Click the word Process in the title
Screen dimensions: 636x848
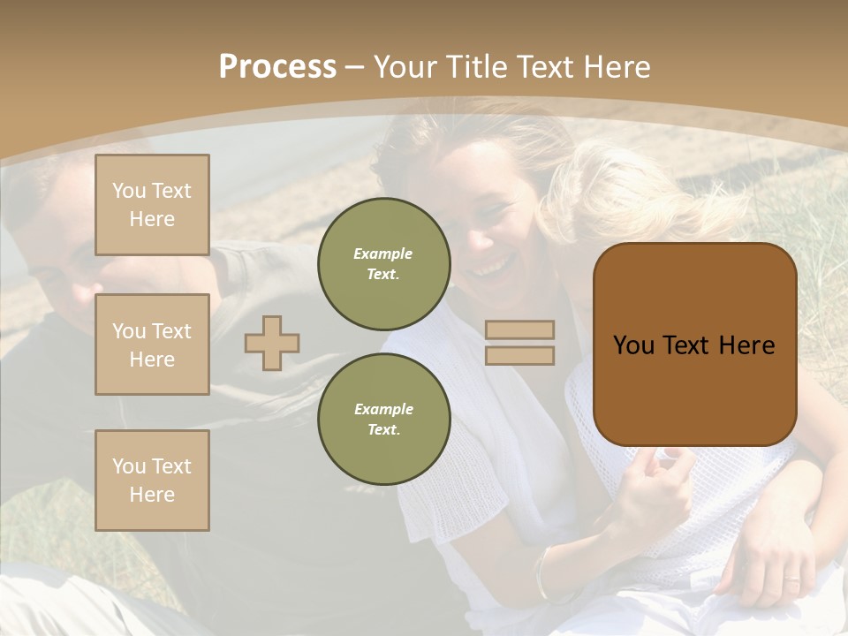pyautogui.click(x=277, y=67)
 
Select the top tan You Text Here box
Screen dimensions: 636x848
pyautogui.click(x=152, y=205)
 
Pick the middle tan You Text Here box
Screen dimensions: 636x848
pyautogui.click(x=152, y=344)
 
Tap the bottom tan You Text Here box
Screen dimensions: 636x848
pyautogui.click(x=152, y=481)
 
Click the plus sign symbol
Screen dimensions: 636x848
pyautogui.click(x=272, y=343)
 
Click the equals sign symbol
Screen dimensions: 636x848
pyautogui.click(x=519, y=343)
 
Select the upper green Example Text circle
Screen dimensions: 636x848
pyautogui.click(x=383, y=263)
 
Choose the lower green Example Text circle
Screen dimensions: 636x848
pyautogui.click(x=383, y=419)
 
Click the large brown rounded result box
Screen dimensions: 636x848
pyautogui.click(x=694, y=344)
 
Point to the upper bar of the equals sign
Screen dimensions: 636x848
pyautogui.click(x=519, y=330)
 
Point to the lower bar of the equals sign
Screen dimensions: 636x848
pyautogui.click(x=519, y=355)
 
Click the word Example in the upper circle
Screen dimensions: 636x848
pyautogui.click(x=383, y=254)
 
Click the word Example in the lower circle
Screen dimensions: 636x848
pyautogui.click(x=383, y=409)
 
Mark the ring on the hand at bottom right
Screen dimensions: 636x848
pyautogui.click(x=791, y=579)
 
